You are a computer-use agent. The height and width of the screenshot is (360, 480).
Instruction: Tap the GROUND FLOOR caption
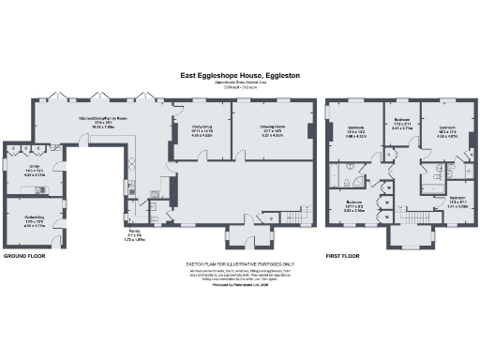click(25, 254)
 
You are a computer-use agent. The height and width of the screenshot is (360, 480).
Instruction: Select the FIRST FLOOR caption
click(344, 254)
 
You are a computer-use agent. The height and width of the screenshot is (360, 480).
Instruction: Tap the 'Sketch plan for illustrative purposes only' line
click(240, 265)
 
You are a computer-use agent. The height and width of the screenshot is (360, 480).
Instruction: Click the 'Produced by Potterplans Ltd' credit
click(240, 295)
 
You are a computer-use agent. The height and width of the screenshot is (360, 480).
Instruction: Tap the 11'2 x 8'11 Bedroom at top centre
click(402, 123)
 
